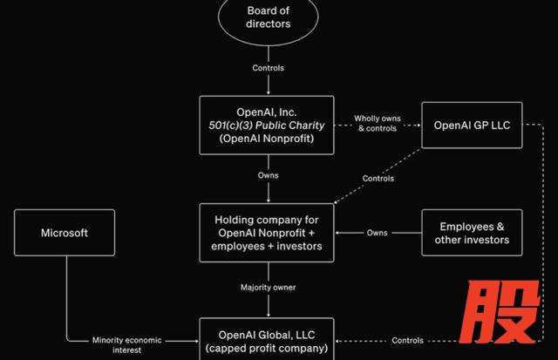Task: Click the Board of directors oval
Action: coord(267,17)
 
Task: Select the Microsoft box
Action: coord(65,233)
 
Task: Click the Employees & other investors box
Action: coord(472,233)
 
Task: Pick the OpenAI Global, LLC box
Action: coord(267,340)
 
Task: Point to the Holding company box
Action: coord(267,233)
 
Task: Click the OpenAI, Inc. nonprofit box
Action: coord(267,126)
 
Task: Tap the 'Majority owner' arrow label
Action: coord(267,287)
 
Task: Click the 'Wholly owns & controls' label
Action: coord(378,123)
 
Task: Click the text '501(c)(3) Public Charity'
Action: coord(267,126)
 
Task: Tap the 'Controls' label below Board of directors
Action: coord(267,68)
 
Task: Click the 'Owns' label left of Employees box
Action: coord(378,233)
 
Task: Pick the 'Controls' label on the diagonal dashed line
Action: coord(378,179)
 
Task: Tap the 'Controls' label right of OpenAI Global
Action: coord(408,340)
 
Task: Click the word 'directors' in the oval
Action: coord(267,25)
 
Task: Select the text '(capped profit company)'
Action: coord(267,348)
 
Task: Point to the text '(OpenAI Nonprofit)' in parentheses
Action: coord(267,139)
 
